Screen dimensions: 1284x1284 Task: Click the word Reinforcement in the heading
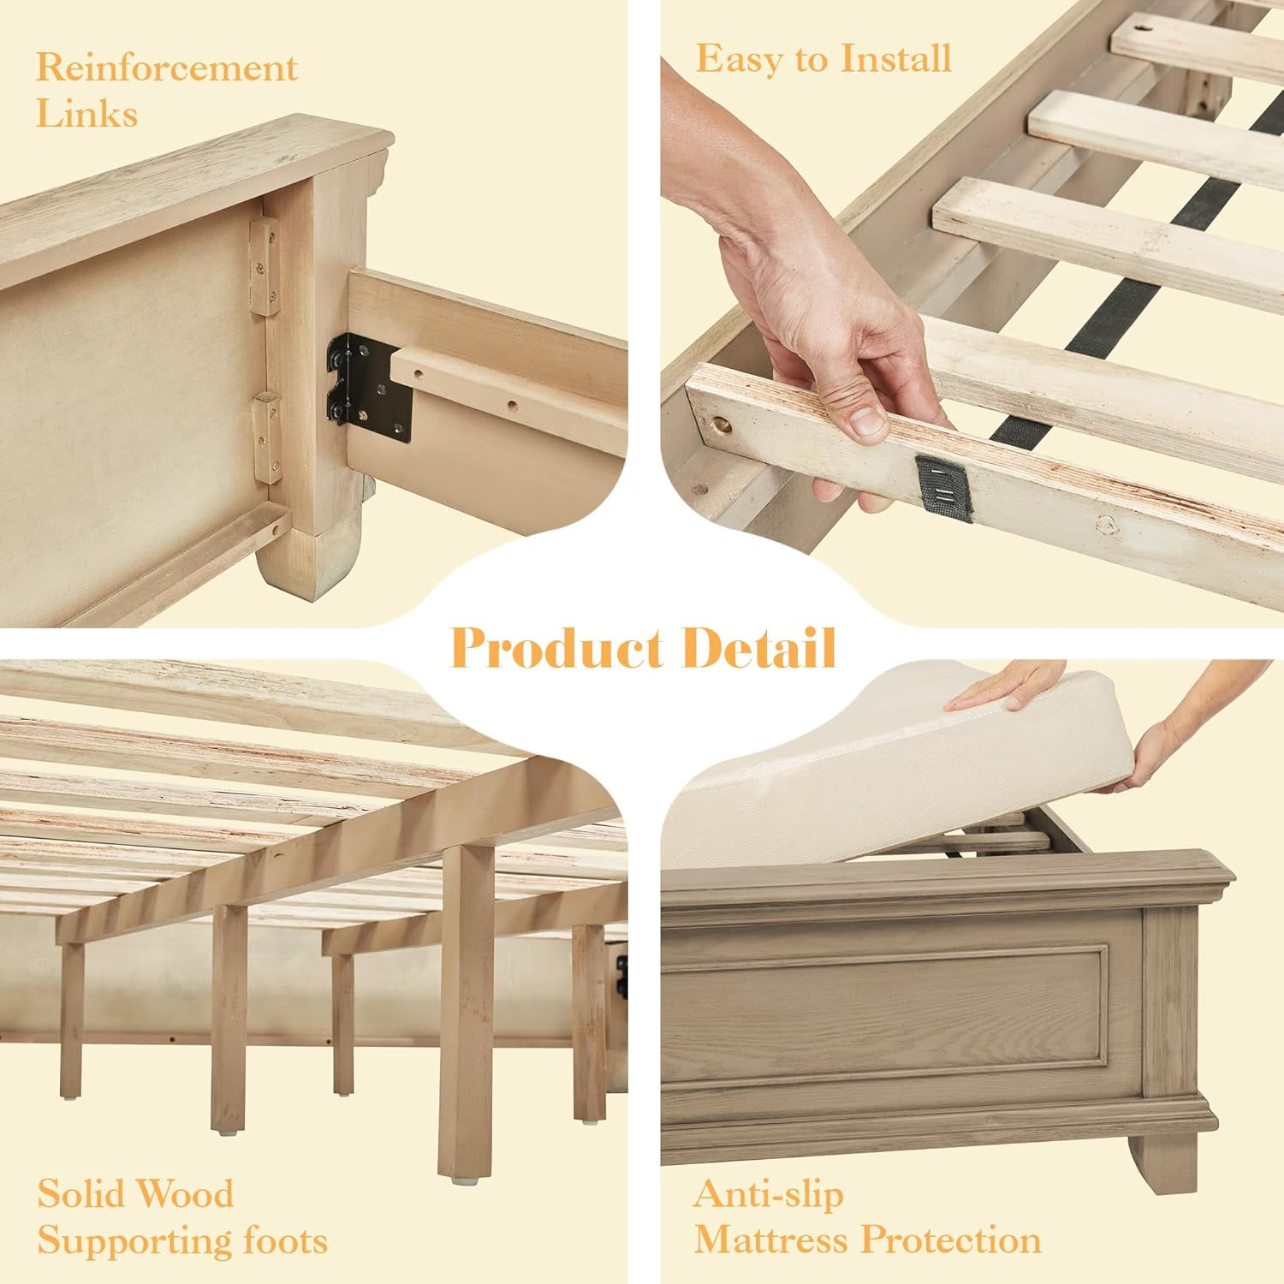167,68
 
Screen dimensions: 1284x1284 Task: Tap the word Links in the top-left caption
86,114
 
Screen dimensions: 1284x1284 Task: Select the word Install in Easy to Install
895,58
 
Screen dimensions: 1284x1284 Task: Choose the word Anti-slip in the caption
769,1193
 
